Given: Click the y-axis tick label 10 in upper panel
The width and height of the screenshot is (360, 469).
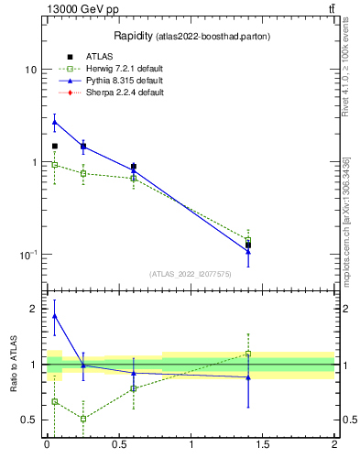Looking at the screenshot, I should pyautogui.click(x=29, y=71).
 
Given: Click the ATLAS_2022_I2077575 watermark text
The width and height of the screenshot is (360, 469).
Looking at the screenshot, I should pyautogui.click(x=191, y=273).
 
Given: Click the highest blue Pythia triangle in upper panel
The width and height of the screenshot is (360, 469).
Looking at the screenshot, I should pyautogui.click(x=54, y=122).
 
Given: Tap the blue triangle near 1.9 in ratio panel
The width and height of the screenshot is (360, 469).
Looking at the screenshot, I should pyautogui.click(x=54, y=316).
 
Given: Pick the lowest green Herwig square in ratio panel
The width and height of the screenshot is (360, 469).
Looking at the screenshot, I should pyautogui.click(x=83, y=419).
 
